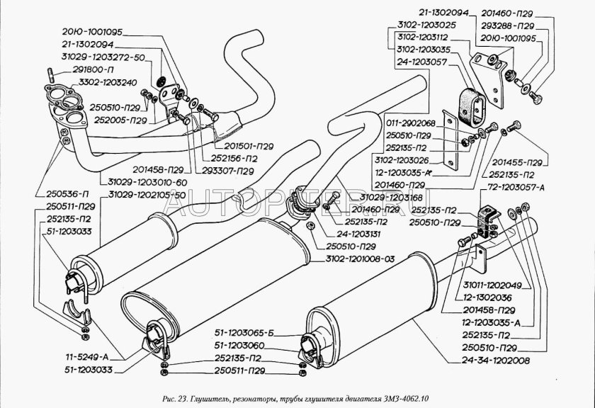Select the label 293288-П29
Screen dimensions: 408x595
[518, 25]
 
